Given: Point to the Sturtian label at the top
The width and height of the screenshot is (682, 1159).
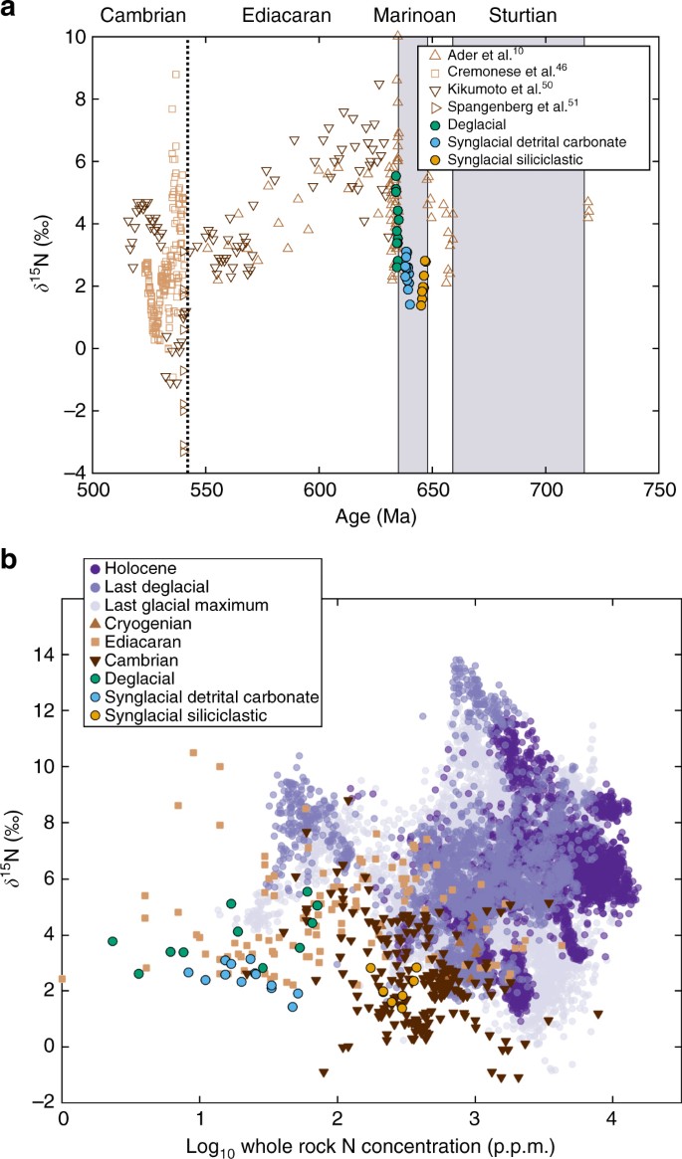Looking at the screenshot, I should (523, 16).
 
